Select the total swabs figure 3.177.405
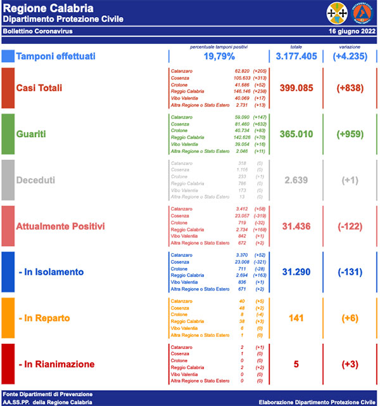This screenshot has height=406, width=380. [x=295, y=56]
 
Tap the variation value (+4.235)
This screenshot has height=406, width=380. [x=350, y=56]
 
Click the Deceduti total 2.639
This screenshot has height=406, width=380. [x=295, y=180]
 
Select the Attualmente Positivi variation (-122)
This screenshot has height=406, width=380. [x=350, y=226]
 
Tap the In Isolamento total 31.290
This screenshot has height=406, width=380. [x=295, y=272]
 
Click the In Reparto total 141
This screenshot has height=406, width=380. [x=295, y=318]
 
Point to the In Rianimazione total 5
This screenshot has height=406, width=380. [x=295, y=364]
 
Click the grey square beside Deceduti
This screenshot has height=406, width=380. [x=8, y=180]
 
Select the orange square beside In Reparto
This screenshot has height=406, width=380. [x=8, y=318]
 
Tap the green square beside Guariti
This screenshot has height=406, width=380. [x=8, y=134]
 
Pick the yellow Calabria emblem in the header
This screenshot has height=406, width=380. [x=337, y=12]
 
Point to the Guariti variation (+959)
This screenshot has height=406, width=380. [x=350, y=134]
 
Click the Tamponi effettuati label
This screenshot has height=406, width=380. [x=56, y=56]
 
